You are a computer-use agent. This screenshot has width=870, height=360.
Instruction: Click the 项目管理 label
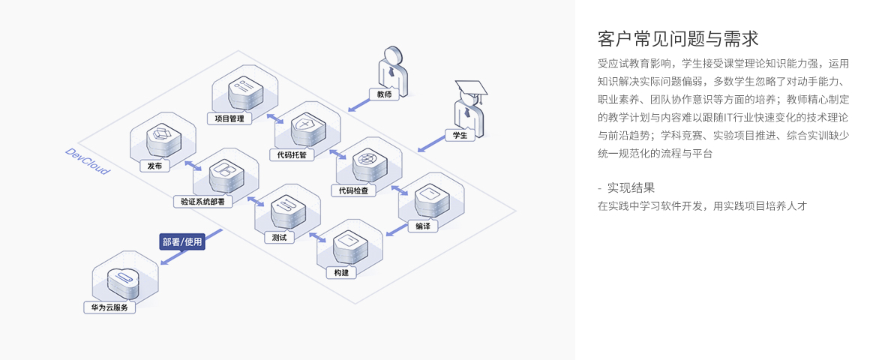229,118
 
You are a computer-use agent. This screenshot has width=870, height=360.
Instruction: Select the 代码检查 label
353,190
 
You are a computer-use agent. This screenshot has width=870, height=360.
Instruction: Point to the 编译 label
423,226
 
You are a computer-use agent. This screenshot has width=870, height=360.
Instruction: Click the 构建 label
341,272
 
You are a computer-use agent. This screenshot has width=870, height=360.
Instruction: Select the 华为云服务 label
109,307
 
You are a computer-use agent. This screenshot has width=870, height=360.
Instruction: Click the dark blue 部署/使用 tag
182,241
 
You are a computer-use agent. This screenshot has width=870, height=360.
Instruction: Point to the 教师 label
384,94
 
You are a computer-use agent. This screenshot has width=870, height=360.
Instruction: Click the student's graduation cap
470,88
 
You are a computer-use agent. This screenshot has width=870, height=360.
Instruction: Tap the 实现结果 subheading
631,187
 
